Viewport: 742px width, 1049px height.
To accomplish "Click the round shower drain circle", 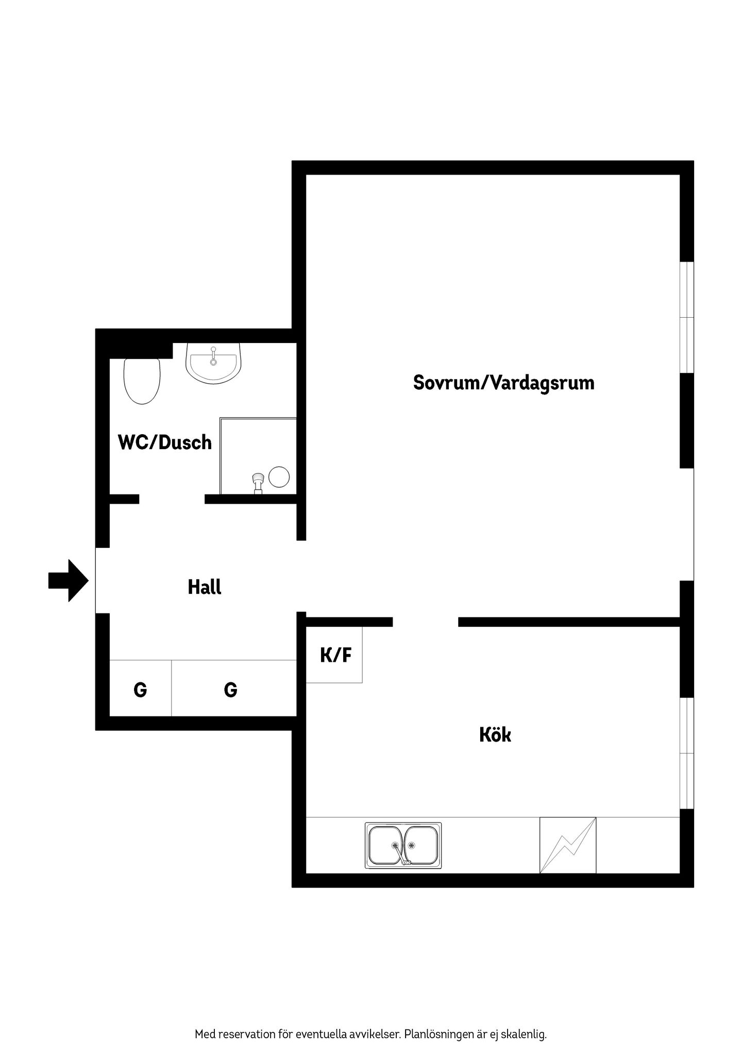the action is click(279, 477).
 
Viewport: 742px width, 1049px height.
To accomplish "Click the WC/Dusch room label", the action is click(165, 442).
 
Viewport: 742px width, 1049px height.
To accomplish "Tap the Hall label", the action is click(205, 587).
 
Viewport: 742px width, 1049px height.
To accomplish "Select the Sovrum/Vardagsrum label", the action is click(503, 383).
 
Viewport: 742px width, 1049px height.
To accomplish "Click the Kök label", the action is click(495, 734).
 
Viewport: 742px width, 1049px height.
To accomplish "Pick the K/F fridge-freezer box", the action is click(334, 655).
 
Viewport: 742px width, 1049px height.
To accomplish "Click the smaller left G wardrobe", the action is click(140, 688).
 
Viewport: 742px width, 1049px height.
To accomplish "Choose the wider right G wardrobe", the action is click(234, 688).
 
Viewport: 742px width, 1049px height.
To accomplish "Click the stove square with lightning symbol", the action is click(567, 845).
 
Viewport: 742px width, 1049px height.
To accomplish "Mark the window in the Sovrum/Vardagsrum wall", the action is click(686, 317).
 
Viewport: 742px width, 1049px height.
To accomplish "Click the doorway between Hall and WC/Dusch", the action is click(172, 499).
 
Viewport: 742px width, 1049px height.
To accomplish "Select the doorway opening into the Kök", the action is click(426, 622).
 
